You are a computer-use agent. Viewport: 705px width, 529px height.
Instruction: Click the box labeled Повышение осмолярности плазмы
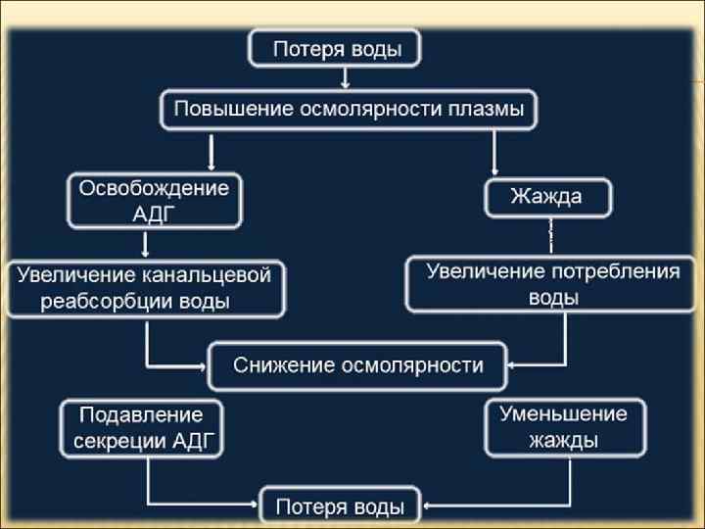(349, 109)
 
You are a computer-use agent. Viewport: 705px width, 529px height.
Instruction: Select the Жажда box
(548, 198)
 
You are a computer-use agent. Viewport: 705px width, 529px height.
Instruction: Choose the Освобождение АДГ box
(155, 201)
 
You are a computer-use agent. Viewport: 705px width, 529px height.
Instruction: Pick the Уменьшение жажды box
(563, 426)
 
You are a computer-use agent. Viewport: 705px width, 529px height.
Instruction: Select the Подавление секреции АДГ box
(141, 427)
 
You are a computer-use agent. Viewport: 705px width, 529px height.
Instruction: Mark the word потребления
(617, 271)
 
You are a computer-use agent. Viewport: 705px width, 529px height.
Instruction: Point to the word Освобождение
(154, 187)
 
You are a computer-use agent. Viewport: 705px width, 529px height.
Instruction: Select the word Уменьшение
(563, 413)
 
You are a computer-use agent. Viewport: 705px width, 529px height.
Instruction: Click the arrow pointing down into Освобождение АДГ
(211, 152)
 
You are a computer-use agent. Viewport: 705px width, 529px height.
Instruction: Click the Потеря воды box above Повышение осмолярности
(337, 49)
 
